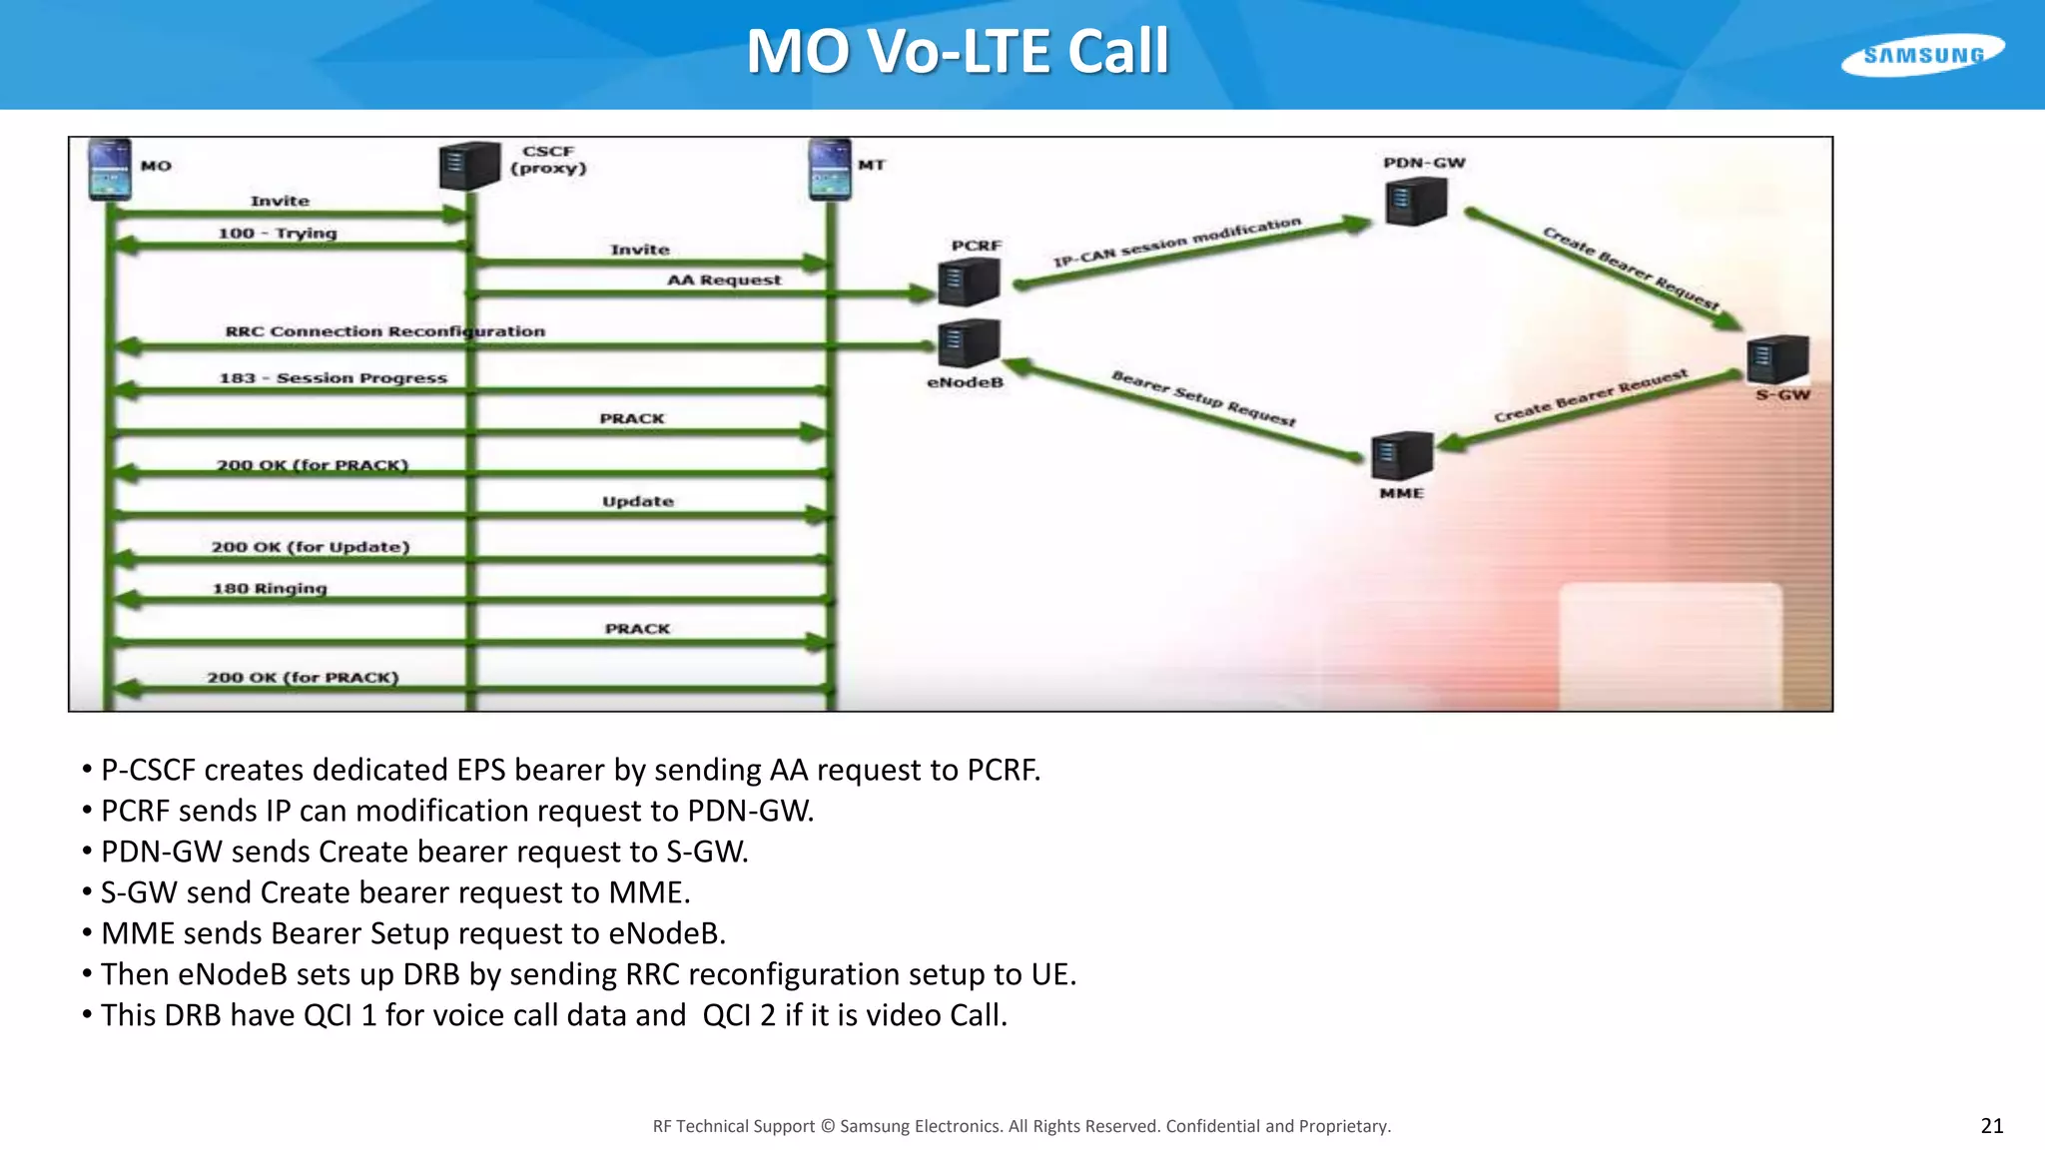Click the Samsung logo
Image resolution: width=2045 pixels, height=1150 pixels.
(1922, 55)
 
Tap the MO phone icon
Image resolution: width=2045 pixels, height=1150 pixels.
(110, 169)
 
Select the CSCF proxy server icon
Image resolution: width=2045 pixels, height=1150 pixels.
(468, 165)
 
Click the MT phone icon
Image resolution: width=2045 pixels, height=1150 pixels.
(830, 169)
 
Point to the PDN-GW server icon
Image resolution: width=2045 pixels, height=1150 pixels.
(1416, 202)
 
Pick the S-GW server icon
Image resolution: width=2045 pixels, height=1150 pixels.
(1777, 359)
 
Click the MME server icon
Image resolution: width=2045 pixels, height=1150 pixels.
(1402, 455)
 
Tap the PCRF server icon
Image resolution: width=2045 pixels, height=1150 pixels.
(968, 281)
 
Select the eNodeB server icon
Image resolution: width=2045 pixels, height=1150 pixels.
(968, 343)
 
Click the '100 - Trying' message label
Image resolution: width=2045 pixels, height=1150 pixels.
(278, 234)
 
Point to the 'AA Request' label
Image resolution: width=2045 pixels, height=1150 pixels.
(724, 281)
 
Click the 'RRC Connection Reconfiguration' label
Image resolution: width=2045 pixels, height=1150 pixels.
(384, 331)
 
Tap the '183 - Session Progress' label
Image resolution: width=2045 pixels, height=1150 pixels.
(333, 378)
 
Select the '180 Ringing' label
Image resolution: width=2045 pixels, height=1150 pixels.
(270, 589)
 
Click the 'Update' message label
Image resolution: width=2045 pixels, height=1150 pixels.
(637, 502)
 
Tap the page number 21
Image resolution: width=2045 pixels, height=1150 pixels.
(1991, 1126)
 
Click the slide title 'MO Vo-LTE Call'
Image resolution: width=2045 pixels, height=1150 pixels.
(957, 51)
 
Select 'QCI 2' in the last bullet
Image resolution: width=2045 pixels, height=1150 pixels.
(739, 1015)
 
